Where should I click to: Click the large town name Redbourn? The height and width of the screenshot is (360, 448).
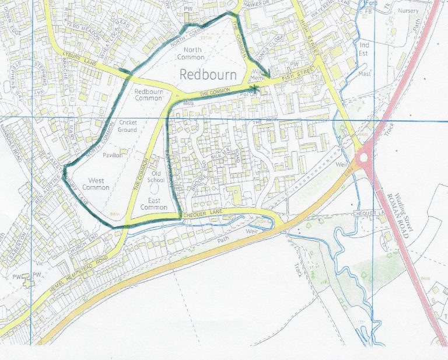coord(208,75)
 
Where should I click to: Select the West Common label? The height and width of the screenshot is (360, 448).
coord(96,184)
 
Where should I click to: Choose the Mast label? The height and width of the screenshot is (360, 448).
coord(365,74)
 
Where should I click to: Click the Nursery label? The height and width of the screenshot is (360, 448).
coord(408,11)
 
